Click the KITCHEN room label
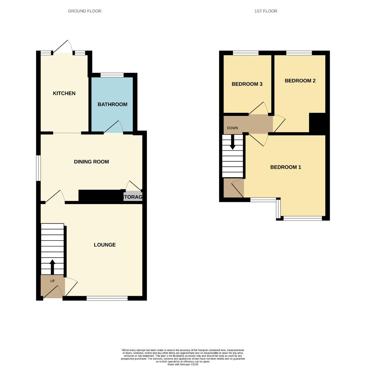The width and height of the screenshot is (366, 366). pyautogui.click(x=64, y=94)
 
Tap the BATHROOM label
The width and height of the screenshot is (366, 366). pyautogui.click(x=112, y=104)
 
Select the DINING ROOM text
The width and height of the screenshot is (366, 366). pyautogui.click(x=92, y=162)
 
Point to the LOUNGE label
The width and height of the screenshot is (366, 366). pyautogui.click(x=105, y=245)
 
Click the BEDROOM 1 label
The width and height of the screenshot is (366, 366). pyautogui.click(x=286, y=167)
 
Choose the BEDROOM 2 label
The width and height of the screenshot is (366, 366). pyautogui.click(x=300, y=81)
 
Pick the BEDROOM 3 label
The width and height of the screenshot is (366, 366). pyautogui.click(x=247, y=84)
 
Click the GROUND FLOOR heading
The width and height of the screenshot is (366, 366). pyautogui.click(x=84, y=11)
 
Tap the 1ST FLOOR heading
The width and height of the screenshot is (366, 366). pyautogui.click(x=266, y=11)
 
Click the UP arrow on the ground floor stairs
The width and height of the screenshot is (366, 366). pyautogui.click(x=52, y=267)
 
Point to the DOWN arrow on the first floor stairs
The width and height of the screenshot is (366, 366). pyautogui.click(x=233, y=142)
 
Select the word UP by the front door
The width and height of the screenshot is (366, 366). pyautogui.click(x=52, y=281)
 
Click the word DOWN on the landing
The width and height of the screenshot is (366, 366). pyautogui.click(x=233, y=128)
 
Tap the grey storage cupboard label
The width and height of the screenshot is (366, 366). pyautogui.click(x=133, y=197)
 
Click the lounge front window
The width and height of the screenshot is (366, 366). pyautogui.click(x=107, y=298)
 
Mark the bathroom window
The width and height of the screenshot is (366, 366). pyautogui.click(x=112, y=75)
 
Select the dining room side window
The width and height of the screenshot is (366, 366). pyautogui.click(x=39, y=168)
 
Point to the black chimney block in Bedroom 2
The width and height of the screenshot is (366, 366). pyautogui.click(x=317, y=123)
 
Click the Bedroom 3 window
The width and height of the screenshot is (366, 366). pyautogui.click(x=246, y=53)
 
